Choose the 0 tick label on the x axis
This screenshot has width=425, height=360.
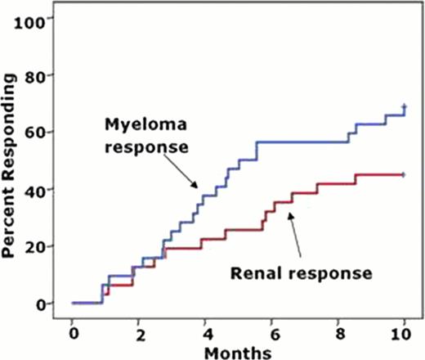click(x=72, y=335)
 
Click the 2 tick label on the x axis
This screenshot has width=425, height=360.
click(x=138, y=335)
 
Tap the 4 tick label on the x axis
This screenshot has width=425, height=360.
click(x=204, y=335)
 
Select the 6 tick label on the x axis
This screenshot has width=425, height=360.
click(x=271, y=335)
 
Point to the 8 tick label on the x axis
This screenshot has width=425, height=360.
click(x=338, y=335)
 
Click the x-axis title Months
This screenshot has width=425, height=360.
click(x=237, y=352)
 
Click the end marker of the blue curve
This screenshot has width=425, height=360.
click(x=405, y=107)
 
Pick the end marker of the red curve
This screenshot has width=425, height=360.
click(x=405, y=174)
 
